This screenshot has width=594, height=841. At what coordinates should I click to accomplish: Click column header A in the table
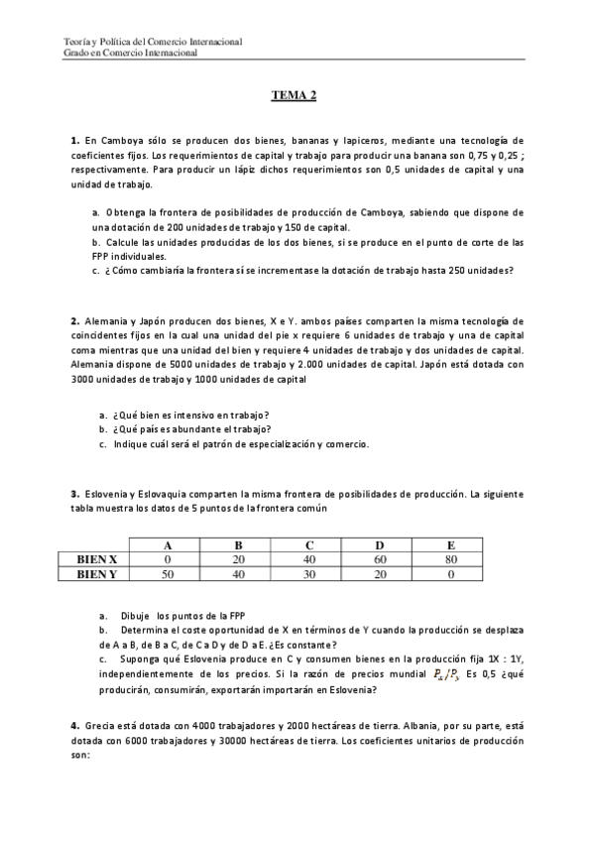tap(167, 545)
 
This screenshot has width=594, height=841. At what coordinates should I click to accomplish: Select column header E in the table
tap(452, 545)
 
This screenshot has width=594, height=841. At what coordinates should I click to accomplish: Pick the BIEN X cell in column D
tap(381, 559)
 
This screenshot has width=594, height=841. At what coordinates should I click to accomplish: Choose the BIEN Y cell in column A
tap(167, 573)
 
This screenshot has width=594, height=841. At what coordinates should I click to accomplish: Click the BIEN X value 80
tap(452, 559)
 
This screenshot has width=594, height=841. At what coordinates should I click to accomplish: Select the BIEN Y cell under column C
tap(309, 573)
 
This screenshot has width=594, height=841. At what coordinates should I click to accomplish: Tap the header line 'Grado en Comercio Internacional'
tap(130, 53)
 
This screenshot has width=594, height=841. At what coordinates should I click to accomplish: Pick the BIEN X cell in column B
tap(238, 559)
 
